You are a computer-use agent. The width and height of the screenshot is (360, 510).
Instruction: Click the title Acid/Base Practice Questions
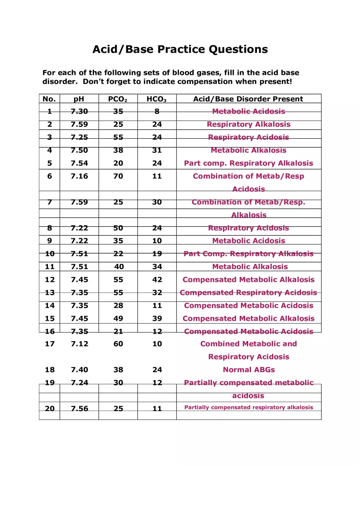click(x=180, y=49)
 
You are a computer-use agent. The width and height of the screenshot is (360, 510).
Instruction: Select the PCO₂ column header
click(x=118, y=99)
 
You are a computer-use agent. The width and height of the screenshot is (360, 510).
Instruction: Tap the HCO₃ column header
click(x=156, y=99)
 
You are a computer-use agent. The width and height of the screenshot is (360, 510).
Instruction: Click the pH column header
click(x=79, y=99)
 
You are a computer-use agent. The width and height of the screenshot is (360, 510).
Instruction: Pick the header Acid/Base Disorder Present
click(x=248, y=99)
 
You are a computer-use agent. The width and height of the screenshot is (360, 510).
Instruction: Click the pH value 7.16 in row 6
click(x=79, y=176)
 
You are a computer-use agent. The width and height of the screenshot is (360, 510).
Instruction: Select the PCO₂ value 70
click(x=118, y=176)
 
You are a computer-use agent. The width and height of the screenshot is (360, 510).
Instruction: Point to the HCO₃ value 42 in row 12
click(x=157, y=280)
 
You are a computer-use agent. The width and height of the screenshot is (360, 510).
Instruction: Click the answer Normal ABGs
click(x=249, y=370)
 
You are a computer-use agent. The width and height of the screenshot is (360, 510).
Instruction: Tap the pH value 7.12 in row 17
click(x=79, y=344)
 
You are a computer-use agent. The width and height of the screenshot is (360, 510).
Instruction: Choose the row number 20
click(x=49, y=409)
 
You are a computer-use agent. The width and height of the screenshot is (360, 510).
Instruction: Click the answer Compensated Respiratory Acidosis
click(x=248, y=293)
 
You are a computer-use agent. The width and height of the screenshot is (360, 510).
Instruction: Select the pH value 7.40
click(x=79, y=370)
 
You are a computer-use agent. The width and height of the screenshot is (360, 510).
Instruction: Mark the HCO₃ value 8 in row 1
click(x=157, y=111)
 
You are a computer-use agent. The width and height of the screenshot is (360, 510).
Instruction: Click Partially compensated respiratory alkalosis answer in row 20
click(x=248, y=407)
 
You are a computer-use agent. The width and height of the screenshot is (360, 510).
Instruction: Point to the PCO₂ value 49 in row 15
click(x=118, y=319)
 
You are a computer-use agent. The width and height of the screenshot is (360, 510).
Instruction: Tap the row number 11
click(x=49, y=267)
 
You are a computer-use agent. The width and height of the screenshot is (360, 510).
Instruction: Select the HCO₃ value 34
click(x=157, y=267)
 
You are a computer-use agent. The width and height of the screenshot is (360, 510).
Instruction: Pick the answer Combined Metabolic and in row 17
click(x=248, y=344)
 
